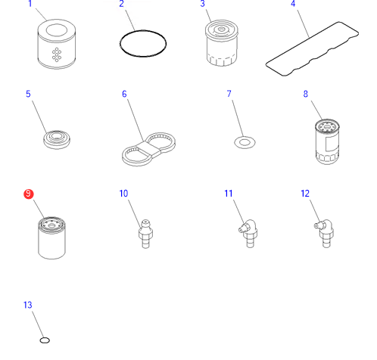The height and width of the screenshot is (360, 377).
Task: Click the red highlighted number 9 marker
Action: [x=29, y=194]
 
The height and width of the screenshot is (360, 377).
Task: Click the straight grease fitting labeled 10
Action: [x=145, y=234]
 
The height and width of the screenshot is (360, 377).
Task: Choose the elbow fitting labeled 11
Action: [x=249, y=234]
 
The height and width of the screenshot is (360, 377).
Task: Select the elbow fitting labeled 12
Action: [x=325, y=234]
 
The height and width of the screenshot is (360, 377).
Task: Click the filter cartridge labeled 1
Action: [x=57, y=44]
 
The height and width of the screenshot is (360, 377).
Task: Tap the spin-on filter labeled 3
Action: [x=222, y=43]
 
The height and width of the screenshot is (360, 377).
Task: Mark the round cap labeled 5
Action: [x=57, y=139]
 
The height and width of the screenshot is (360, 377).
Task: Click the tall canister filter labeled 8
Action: [x=327, y=141]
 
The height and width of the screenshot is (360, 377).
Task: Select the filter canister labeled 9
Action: [x=51, y=237]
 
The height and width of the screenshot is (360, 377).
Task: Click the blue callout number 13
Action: [x=28, y=305]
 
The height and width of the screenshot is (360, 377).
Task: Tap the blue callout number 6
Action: [x=124, y=94]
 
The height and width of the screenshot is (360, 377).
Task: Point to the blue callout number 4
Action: [x=293, y=4]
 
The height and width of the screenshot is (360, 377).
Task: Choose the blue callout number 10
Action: [x=123, y=194]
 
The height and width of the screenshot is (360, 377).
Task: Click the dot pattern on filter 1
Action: [x=57, y=54]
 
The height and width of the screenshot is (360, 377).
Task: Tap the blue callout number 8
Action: [x=306, y=94]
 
